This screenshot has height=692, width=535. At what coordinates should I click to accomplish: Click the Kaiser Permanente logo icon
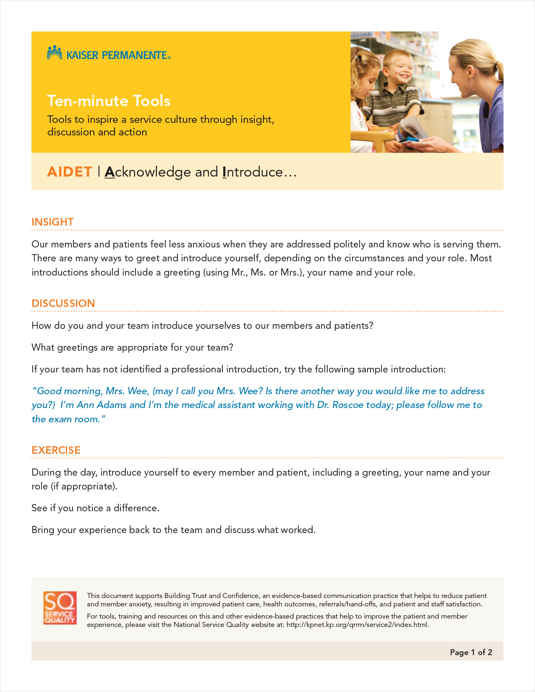[55, 53]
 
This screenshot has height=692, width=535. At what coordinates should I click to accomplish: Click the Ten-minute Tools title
[109, 101]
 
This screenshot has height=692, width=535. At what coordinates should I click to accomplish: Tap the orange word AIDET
[70, 172]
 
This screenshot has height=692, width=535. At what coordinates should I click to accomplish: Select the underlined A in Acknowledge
[110, 172]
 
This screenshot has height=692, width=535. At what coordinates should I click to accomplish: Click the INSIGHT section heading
[52, 222]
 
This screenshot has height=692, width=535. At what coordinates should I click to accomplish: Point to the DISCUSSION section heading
[63, 303]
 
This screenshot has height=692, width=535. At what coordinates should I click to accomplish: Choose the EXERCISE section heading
[56, 450]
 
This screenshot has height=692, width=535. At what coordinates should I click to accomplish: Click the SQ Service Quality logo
[60, 608]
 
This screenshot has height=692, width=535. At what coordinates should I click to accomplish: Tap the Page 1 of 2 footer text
[471, 652]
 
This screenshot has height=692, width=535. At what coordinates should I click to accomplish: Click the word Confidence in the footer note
[240, 596]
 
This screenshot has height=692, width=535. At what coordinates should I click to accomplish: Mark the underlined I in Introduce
[224, 172]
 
